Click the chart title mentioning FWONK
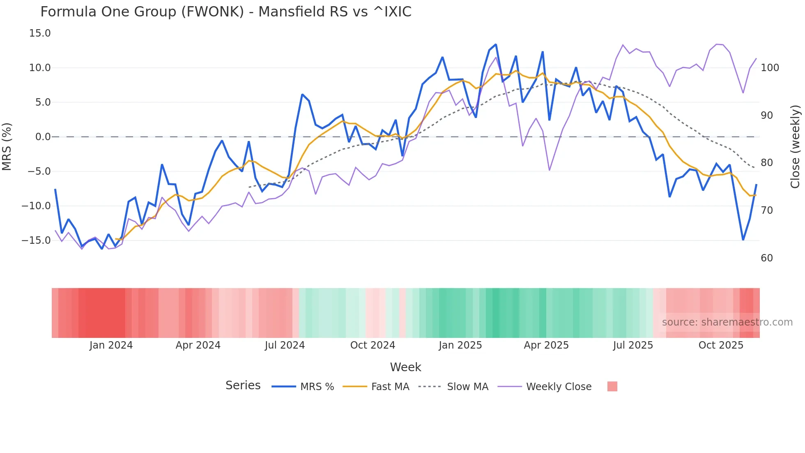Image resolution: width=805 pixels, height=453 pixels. pos(226,12)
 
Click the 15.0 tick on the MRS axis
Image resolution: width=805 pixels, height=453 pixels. pos(40,33)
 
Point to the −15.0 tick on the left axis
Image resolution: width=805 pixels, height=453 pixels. pos(36,240)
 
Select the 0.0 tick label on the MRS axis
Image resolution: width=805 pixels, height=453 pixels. pos(43,137)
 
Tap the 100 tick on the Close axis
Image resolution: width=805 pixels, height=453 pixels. pos(770,68)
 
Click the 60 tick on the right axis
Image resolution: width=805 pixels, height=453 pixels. pos(767,258)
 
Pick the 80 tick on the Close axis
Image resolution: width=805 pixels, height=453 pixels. pos(767,163)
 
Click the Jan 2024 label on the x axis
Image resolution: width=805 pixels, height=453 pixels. pos(111,345)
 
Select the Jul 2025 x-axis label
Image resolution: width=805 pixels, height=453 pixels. pos(633,345)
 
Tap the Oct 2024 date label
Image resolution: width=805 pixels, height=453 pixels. pos(373,345)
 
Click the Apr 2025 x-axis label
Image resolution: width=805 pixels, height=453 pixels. pos(546,345)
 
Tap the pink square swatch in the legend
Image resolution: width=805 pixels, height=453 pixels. pos(612,386)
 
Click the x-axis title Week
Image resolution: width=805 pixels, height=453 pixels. pos(405,367)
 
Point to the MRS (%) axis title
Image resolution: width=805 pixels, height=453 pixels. pos(7,146)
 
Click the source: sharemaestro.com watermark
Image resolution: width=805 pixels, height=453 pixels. pos(727,322)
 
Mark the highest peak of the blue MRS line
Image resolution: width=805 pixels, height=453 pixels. pos(496,44)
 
